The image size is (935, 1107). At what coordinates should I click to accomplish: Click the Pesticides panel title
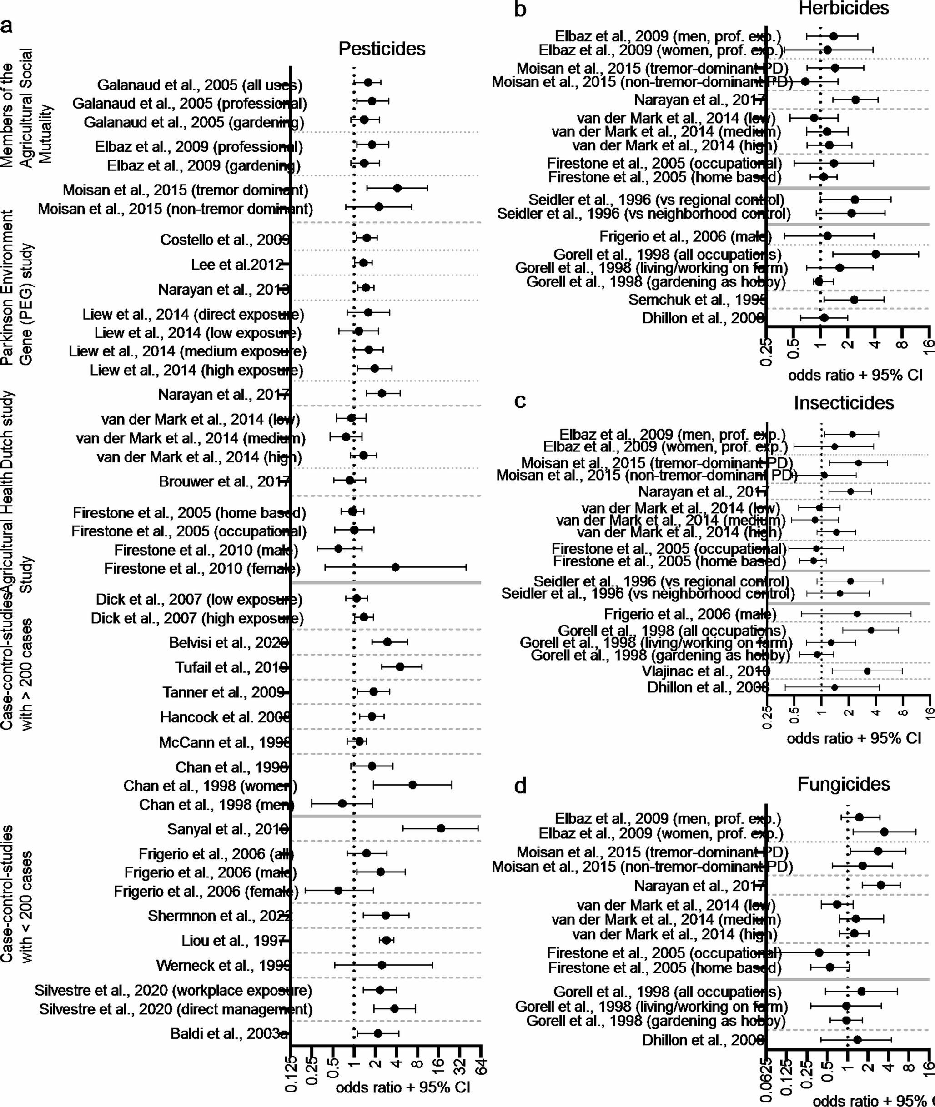382,49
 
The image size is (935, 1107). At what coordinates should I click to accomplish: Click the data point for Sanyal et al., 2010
441,829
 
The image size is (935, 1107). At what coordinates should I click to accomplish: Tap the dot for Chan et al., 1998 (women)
412,785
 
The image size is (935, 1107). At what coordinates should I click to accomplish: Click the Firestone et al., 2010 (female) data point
395,567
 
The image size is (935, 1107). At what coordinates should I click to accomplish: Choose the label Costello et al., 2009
225,240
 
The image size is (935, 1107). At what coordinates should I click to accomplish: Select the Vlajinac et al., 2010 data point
867,671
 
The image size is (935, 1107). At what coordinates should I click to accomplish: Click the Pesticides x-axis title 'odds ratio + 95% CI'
403,1087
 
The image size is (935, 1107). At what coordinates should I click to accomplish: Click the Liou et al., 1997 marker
387,940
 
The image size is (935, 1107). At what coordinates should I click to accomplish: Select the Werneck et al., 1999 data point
382,965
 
